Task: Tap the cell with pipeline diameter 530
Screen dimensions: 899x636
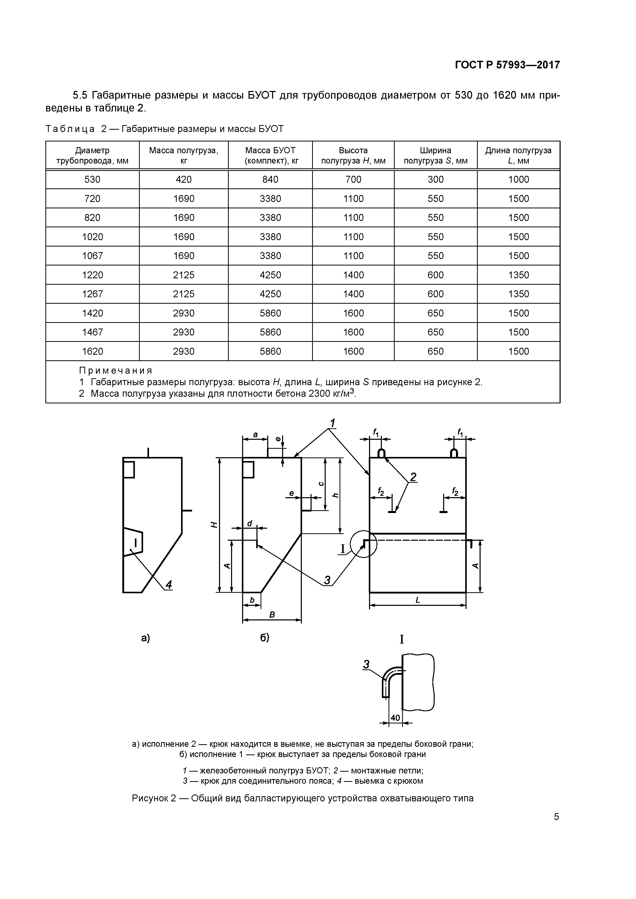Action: (x=93, y=180)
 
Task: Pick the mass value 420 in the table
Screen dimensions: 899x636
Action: (x=184, y=180)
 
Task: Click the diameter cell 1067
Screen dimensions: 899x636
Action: (x=93, y=256)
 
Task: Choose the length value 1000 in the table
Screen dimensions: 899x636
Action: (x=519, y=180)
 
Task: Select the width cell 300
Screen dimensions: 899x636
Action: (x=435, y=180)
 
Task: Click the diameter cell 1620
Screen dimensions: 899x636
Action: (x=93, y=352)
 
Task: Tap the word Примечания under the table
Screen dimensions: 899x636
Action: (x=116, y=370)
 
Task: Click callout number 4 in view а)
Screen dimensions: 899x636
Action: (x=168, y=585)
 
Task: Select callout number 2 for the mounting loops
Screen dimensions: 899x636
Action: (x=413, y=477)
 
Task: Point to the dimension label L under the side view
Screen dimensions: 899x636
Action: (x=418, y=600)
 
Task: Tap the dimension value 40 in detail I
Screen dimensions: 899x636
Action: (x=395, y=718)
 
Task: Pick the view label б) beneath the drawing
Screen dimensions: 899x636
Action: (x=265, y=638)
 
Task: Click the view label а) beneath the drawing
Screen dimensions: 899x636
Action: (x=145, y=638)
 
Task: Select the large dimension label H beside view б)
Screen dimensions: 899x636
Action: (x=214, y=525)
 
